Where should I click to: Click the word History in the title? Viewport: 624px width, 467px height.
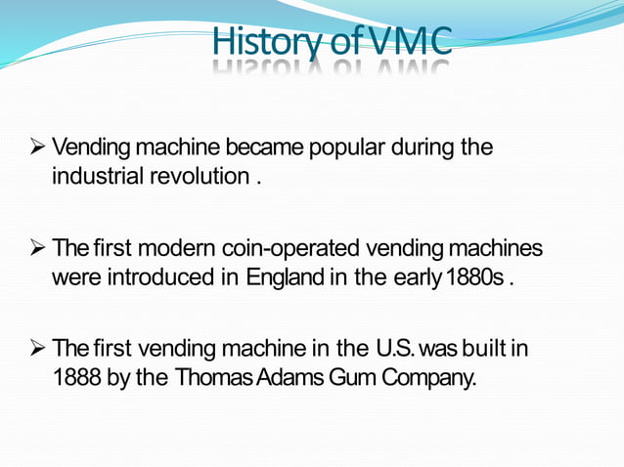(257, 42)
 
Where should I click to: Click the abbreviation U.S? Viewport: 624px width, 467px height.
(398, 349)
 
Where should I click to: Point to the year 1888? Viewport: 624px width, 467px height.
(75, 376)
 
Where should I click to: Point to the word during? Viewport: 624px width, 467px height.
(424, 149)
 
